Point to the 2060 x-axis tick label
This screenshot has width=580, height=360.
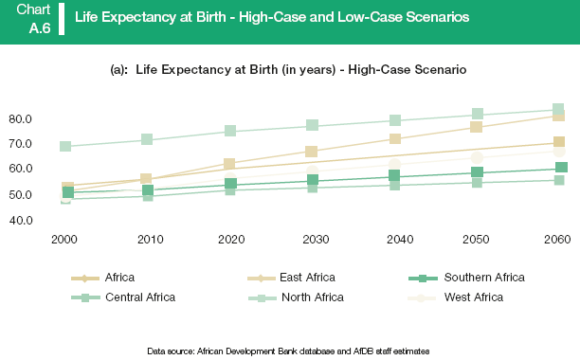(559, 239)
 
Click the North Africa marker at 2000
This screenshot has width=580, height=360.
(66, 147)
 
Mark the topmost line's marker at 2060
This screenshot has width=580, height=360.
(559, 110)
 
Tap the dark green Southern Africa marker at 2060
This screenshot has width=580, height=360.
(561, 168)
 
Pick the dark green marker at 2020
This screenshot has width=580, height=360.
(230, 185)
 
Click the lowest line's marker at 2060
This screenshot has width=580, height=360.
(559, 180)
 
